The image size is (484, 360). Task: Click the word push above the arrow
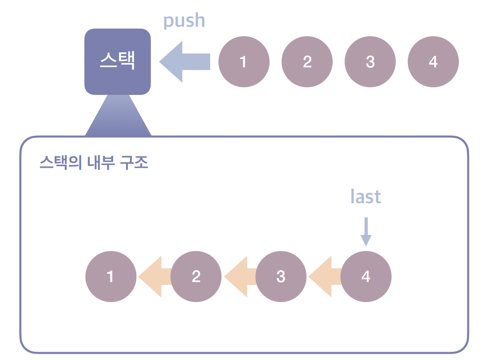pos(184,21)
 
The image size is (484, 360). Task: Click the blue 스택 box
pos(117,61)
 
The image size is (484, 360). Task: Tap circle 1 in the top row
pos(244,61)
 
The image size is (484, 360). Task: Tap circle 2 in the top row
pos(307,61)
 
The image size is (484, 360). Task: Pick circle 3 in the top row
pos(370,61)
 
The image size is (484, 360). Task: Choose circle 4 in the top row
pos(433,61)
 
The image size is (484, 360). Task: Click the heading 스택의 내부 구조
pos(94,162)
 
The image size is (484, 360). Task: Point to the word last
pos(366,197)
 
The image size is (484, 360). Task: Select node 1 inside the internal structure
pos(111,276)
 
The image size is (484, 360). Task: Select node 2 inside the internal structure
pos(196,276)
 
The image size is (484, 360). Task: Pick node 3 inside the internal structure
pos(281,276)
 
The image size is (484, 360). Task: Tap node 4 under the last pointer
pos(366,276)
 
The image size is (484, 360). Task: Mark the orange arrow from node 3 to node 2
pos(239,276)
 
